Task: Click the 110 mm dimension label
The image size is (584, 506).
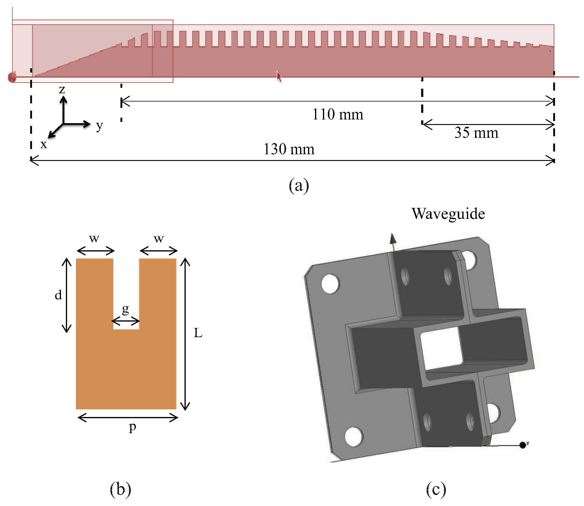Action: (338, 115)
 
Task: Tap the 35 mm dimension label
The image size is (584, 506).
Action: (476, 133)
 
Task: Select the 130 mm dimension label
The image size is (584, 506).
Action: (288, 149)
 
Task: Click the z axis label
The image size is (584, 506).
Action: (62, 89)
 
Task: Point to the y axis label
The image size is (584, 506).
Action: (99, 125)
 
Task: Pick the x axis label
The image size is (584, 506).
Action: (44, 144)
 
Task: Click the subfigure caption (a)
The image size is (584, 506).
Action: (299, 185)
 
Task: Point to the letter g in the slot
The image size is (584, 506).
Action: (125, 309)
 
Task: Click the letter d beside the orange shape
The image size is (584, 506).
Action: (58, 295)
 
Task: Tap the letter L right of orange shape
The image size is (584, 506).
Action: (198, 333)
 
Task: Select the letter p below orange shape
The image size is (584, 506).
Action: (132, 427)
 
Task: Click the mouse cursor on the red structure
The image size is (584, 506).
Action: (279, 76)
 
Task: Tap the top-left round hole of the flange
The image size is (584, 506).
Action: (330, 283)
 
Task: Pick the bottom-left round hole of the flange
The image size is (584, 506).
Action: (354, 436)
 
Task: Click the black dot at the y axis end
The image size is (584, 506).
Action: (523, 445)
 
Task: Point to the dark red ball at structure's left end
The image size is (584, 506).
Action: (12, 77)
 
